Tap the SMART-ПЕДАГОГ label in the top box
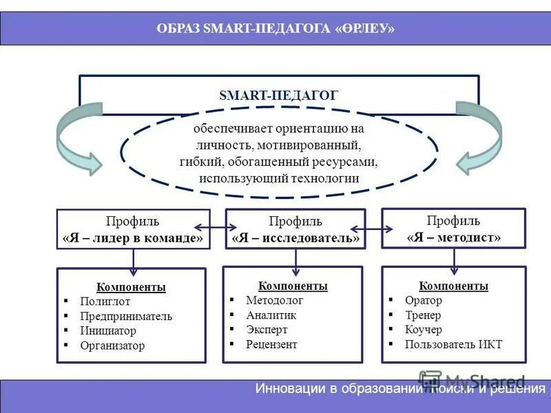tap(278, 95)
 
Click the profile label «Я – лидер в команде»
tap(133, 238)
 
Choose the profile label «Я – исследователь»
tap(295, 238)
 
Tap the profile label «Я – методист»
tap(453, 237)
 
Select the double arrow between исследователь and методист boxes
tap(373, 226)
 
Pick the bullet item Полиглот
tap(105, 301)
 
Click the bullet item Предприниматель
tap(126, 316)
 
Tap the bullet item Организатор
tap(112, 346)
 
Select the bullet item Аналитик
tap(271, 315)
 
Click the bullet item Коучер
tap(424, 330)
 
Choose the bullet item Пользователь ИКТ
tap(453, 344)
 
